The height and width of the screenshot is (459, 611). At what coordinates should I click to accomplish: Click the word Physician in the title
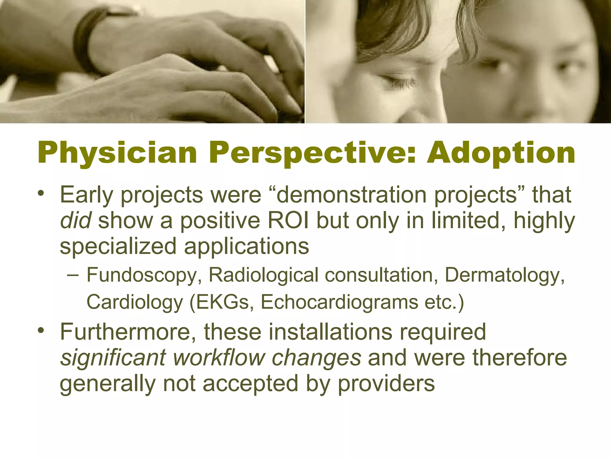coord(117,154)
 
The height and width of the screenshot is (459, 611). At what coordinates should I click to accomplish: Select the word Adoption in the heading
coord(501,154)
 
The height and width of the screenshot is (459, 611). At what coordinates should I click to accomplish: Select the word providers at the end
coord(386,384)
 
